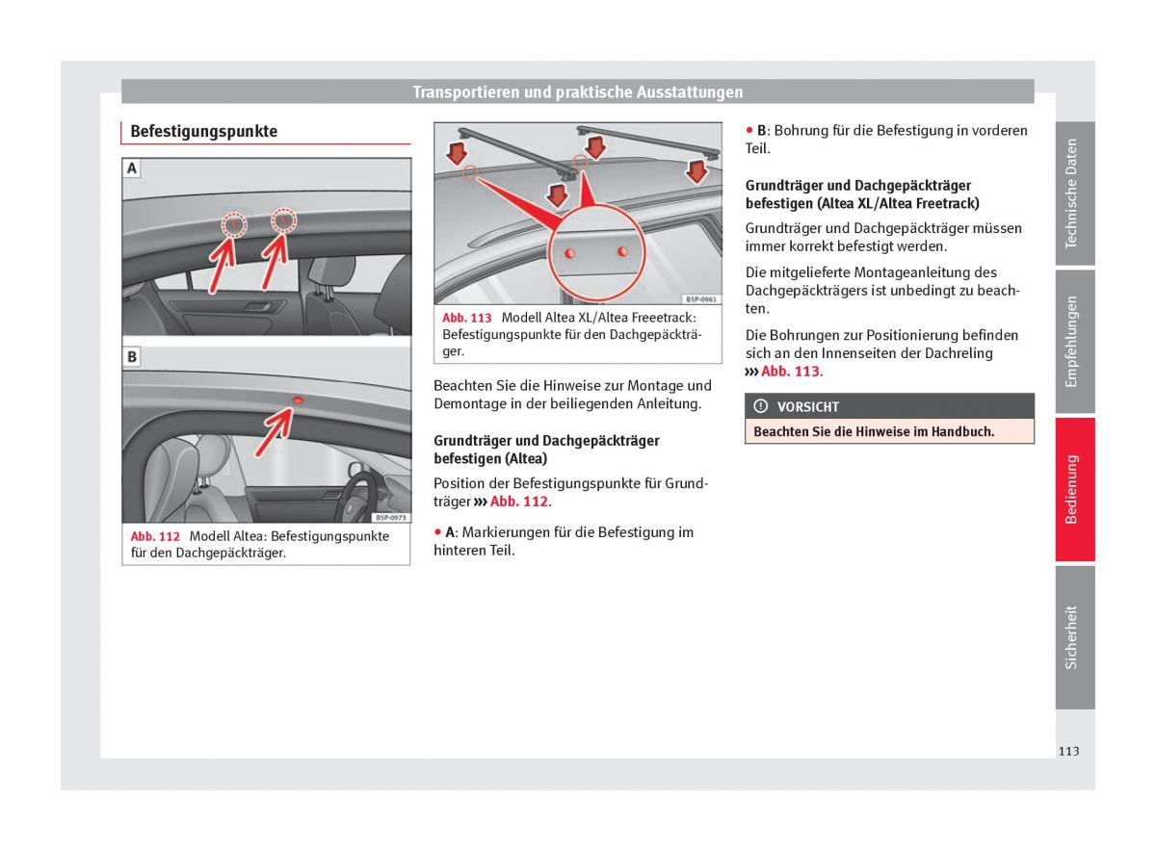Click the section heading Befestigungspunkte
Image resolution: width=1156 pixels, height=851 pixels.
[203, 131]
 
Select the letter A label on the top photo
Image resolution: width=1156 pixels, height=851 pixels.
[132, 168]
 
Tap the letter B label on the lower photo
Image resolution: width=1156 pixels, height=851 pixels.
[132, 357]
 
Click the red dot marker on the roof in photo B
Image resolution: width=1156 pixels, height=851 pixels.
[297, 399]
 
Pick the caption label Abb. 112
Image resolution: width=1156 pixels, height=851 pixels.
[156, 536]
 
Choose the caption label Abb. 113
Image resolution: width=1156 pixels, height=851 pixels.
[467, 318]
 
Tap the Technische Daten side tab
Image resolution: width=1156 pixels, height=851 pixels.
[1073, 193]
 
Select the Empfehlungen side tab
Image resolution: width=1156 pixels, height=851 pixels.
[1073, 342]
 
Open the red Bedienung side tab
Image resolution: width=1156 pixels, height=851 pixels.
[1073, 489]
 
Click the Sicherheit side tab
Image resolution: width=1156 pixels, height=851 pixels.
[1073, 636]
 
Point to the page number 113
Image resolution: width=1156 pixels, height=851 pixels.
[1068, 751]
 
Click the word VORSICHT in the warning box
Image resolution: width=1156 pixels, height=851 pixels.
[807, 407]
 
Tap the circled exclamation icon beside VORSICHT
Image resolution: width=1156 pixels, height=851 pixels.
[761, 407]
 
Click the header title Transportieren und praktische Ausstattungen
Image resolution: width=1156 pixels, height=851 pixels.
[577, 92]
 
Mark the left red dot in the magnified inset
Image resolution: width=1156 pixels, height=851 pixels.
[569, 252]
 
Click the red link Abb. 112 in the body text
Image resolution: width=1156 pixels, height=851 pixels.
[519, 502]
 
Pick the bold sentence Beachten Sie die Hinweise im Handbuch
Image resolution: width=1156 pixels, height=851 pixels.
[874, 432]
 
